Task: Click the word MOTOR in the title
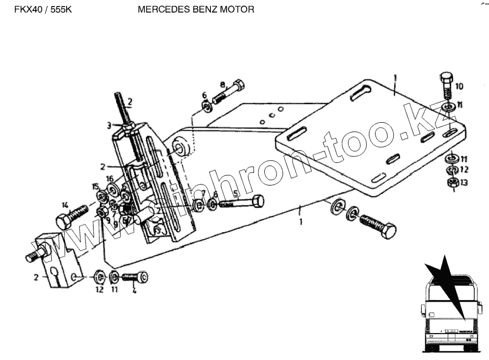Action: (238, 10)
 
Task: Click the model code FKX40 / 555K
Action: (37, 10)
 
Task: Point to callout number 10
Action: (459, 86)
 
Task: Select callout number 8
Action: (222, 84)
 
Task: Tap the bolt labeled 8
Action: (228, 91)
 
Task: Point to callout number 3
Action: (109, 126)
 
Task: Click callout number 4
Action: (134, 291)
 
